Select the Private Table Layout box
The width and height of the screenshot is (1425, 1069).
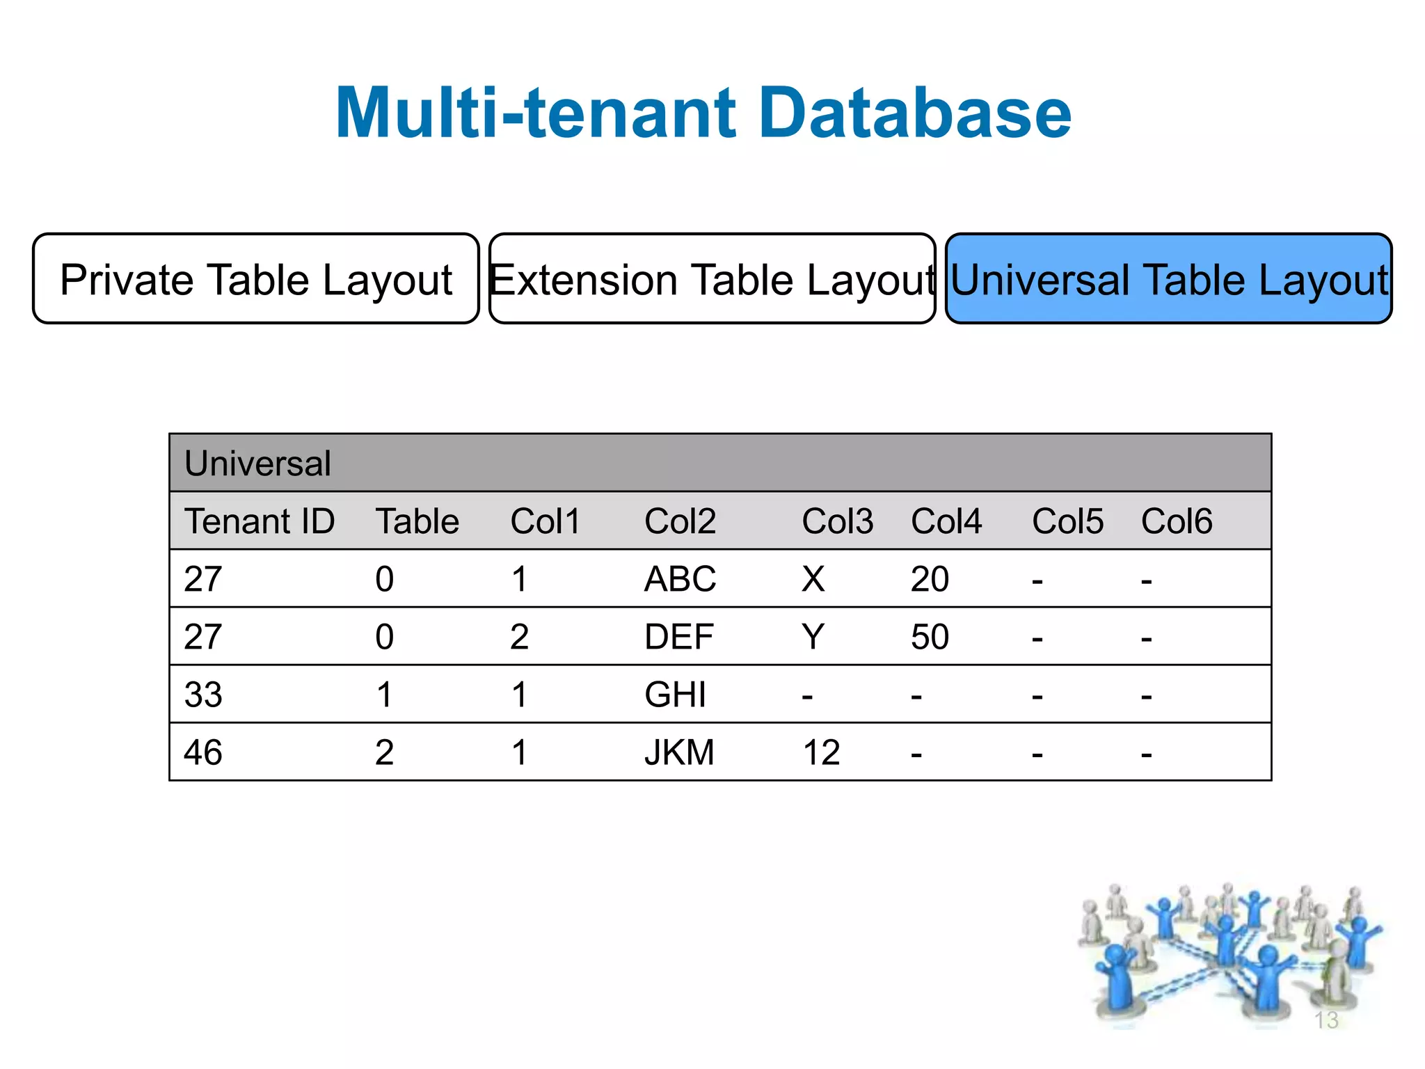pos(256,279)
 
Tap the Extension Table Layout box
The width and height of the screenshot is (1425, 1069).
pos(712,279)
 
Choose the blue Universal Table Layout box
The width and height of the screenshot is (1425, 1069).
pos(1168,279)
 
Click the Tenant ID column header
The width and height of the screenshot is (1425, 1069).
pos(259,521)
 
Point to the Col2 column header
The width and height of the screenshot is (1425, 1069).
pos(680,521)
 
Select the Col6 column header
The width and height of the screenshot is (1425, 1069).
pos(1176,521)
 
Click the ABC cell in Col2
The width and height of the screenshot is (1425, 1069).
pos(680,579)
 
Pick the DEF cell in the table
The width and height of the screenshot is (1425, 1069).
pos(678,637)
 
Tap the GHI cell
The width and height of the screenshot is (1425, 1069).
pos(675,695)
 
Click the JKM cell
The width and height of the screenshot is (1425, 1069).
pos(679,752)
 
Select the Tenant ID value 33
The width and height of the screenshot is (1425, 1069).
pos(203,695)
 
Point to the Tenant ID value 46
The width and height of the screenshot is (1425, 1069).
pos(203,752)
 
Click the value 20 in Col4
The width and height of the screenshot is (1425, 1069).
pos(930,579)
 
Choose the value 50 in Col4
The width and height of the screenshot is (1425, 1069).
pos(930,637)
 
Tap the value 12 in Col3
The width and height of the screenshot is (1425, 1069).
pos(821,752)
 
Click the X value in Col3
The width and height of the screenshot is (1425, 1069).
pos(813,579)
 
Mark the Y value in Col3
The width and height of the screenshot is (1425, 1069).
pos(813,637)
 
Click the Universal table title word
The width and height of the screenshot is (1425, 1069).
pos(257,464)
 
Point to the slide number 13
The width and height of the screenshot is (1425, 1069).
pos(1326,1020)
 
